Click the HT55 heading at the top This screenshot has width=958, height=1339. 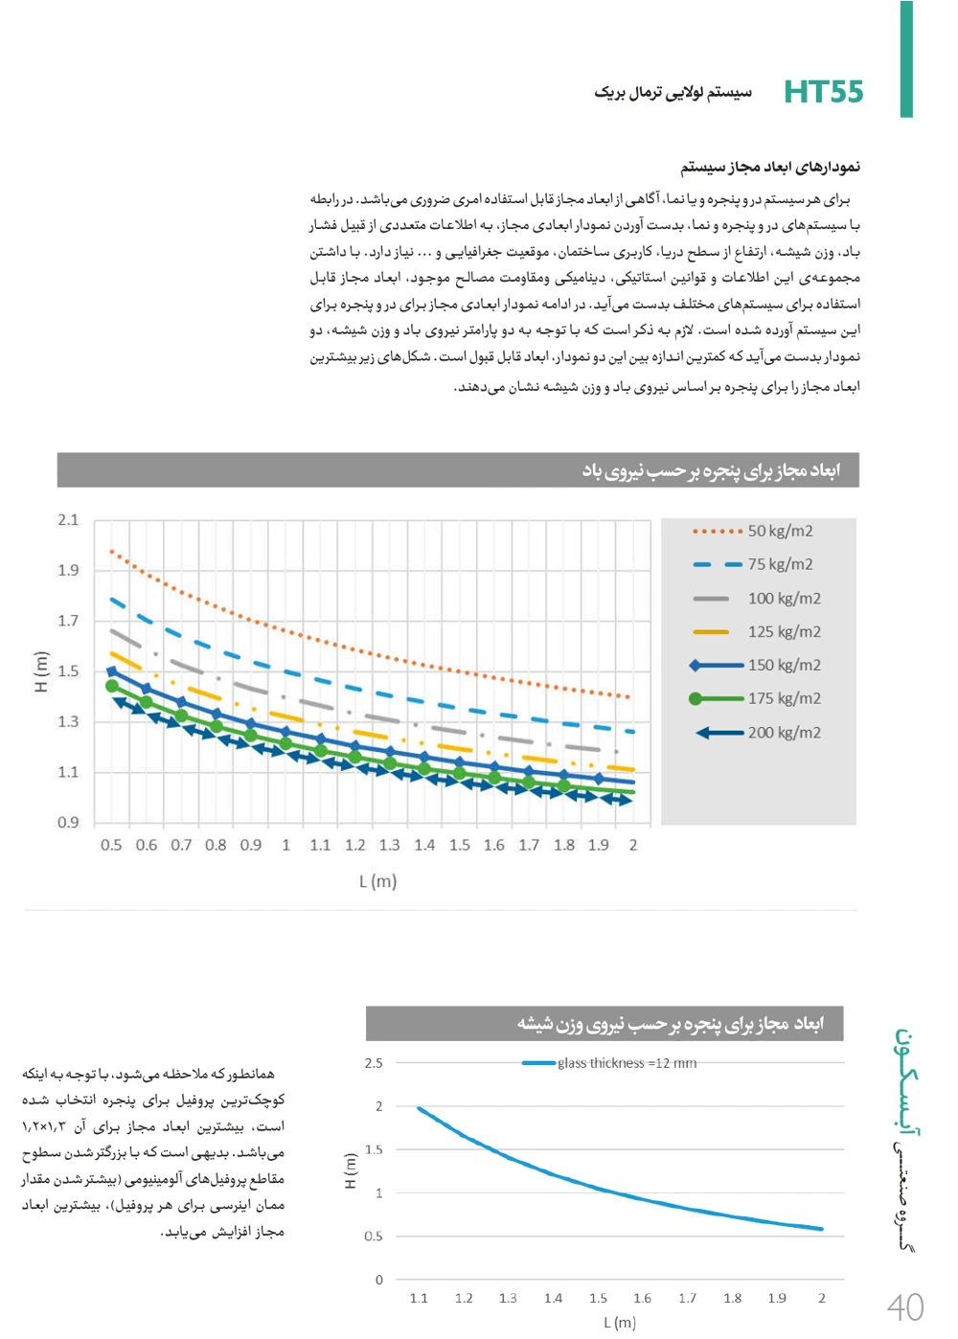pos(823,92)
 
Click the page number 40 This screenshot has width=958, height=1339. pos(904,1307)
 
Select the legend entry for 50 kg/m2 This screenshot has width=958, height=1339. pos(780,531)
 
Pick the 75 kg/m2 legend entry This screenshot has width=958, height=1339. pos(780,564)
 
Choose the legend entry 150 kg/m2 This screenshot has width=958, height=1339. pos(784,665)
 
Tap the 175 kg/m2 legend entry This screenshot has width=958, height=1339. pos(784,698)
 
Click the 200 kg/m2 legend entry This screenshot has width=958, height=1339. pos(784,733)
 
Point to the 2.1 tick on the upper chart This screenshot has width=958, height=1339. pos(68,520)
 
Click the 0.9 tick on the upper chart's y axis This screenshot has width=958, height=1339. pos(68,822)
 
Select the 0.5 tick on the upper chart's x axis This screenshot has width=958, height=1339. pos(111,845)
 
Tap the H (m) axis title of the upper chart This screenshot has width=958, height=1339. pos(40,671)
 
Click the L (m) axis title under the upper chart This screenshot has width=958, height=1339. pos(377,881)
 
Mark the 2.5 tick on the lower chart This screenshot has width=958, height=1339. pos(374,1063)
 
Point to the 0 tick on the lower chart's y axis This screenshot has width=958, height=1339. pos(379,1280)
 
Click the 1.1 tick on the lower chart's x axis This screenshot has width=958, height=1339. pos(419,1299)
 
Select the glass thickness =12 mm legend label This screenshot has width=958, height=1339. pos(627,1063)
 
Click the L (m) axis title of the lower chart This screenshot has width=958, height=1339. pos(620,1323)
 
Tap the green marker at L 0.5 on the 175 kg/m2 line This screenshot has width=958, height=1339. pos(112,686)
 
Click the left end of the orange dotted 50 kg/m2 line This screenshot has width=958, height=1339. pos(111,551)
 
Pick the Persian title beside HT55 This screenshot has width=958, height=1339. pos(673,93)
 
